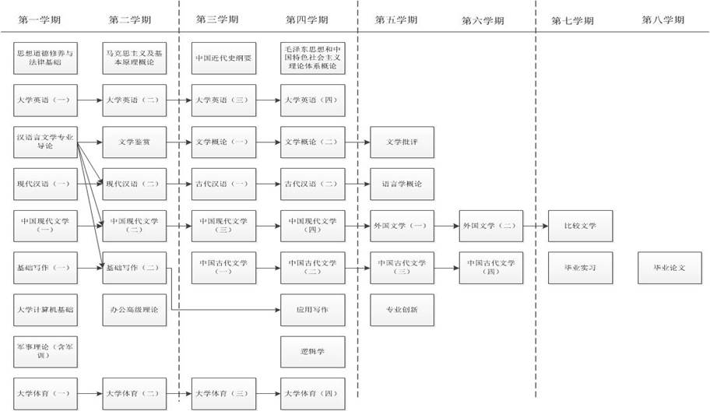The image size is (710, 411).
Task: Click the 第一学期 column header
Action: coord(44,19)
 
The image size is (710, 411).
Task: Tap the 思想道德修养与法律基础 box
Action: coord(47,58)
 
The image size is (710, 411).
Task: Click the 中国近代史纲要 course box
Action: coord(223,58)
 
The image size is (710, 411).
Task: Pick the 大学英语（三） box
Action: coord(223,100)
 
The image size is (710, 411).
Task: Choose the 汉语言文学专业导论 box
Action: coord(47,142)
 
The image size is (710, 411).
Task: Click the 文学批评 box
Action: coord(402,142)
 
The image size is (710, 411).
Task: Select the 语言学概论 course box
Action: coord(402,184)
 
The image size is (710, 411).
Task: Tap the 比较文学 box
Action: coord(581,226)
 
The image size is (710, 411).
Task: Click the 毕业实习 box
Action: coord(581,267)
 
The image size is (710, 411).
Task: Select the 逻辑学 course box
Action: coord(312,351)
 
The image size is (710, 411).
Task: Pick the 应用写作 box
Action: coord(312,309)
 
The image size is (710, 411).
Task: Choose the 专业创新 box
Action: coord(402,309)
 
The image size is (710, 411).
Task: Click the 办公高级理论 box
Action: coord(134,309)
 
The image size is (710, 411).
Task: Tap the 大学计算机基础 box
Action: coord(47,309)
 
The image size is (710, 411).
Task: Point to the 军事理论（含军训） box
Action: coord(47,351)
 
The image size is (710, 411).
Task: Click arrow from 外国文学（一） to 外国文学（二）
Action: coord(446,226)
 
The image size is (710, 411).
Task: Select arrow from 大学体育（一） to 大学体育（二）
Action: coord(90,393)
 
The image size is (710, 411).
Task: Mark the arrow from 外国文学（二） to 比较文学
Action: coord(536,226)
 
